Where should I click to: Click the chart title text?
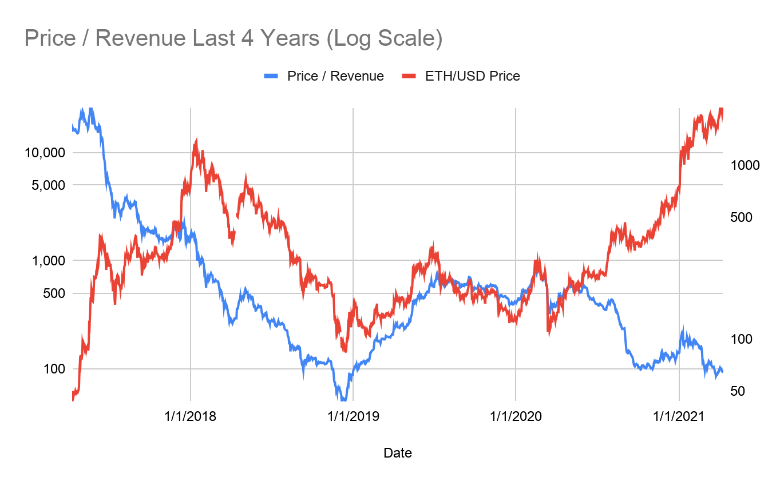pos(233,38)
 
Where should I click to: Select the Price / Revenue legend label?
pos(335,76)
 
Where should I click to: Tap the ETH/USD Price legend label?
pos(472,76)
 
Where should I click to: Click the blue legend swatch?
pos(271,76)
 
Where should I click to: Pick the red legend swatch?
pos(409,76)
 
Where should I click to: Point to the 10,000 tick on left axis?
pos(39,153)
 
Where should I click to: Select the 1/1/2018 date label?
pos(190,416)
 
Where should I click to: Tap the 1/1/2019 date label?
pos(353,416)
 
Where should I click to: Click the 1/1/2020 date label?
pos(516,416)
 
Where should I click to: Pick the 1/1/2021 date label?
pos(679,416)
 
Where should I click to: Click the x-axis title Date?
pos(398,454)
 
